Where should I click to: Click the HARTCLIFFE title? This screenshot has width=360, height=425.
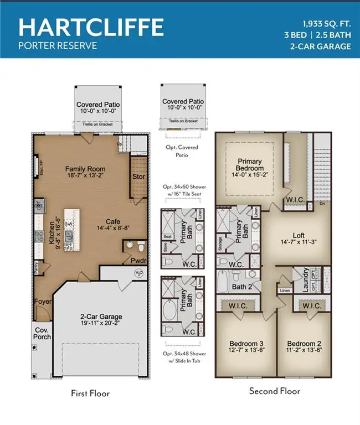[x=91, y=26]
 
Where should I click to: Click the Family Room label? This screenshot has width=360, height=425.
[x=85, y=169]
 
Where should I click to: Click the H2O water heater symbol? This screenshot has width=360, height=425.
[x=139, y=273]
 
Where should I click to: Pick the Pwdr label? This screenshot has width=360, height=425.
[x=138, y=259]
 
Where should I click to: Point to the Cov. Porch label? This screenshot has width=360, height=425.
[x=44, y=331]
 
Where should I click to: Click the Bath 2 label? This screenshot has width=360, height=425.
[x=243, y=287]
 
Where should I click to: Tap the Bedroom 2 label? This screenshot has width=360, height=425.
[x=305, y=342]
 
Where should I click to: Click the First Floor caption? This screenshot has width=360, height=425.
[x=90, y=393]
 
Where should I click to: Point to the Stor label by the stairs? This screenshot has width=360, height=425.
[x=139, y=177]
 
